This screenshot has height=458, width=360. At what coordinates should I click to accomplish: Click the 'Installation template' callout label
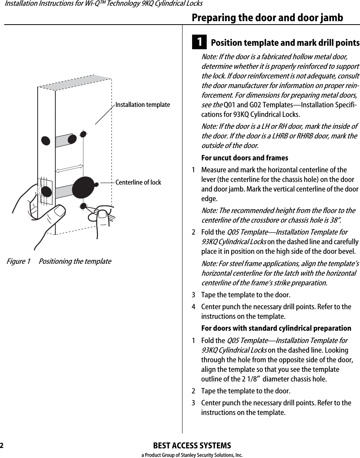coord(143,105)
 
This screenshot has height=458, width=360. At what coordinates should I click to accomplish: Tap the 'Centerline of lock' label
coord(138,182)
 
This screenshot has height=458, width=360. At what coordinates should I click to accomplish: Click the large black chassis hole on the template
coord(83,187)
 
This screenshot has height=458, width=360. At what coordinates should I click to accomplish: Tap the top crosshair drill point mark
coord(83,134)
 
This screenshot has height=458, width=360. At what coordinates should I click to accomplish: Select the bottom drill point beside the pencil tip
coord(83,206)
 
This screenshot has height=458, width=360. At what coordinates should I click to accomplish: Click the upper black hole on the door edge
coord(46,140)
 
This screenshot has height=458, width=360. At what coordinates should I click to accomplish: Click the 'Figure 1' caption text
coord(18,261)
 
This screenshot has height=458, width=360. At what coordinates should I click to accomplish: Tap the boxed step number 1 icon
coord(200,42)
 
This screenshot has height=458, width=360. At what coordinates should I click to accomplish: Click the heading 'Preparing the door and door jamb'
coord(267,18)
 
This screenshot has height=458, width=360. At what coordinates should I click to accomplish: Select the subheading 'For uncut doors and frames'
coord(245,158)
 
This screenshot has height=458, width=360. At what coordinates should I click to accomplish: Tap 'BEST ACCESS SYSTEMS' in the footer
coord(192,446)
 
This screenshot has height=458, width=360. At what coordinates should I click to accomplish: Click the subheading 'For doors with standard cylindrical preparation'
coord(276,328)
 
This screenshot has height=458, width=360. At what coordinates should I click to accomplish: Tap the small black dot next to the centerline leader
coord(96,184)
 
